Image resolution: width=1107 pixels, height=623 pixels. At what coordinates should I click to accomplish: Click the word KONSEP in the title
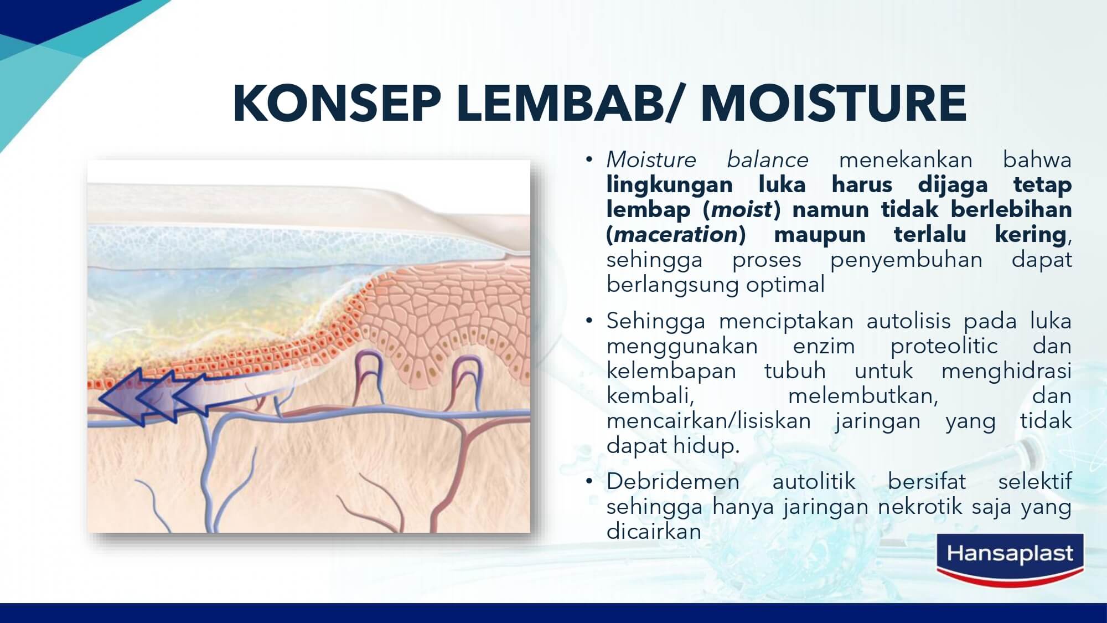click(x=337, y=104)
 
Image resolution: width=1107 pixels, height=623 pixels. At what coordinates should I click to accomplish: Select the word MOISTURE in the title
click(x=834, y=104)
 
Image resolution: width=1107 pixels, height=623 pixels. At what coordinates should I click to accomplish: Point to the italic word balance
click(x=768, y=160)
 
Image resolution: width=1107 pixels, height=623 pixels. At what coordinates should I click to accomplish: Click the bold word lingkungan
click(x=670, y=185)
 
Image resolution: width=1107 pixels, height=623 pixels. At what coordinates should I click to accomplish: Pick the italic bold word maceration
click(x=676, y=235)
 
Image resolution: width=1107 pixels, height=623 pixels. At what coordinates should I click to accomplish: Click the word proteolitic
click(x=944, y=346)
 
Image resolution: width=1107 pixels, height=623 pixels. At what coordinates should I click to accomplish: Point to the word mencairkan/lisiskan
click(x=708, y=421)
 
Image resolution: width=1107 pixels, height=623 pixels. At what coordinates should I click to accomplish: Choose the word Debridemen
click(x=673, y=481)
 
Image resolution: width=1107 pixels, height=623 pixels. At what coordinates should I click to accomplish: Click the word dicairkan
click(x=654, y=532)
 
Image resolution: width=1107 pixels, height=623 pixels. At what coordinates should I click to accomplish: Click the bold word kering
click(x=1031, y=235)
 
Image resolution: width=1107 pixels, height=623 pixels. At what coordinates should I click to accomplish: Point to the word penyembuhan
click(x=906, y=260)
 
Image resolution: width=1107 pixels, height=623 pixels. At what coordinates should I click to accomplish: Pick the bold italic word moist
click(x=742, y=210)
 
